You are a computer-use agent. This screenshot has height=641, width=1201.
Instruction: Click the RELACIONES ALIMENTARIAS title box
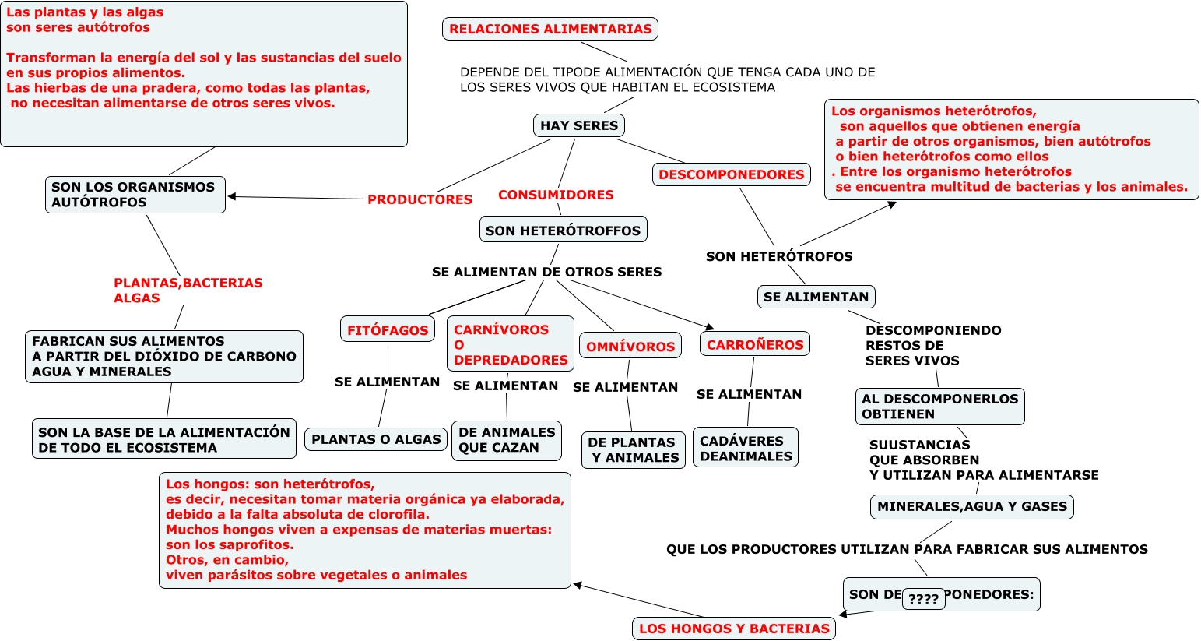click(550, 30)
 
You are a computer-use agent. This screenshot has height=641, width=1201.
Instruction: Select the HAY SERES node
click(579, 125)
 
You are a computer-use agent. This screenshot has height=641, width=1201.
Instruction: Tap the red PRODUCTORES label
click(420, 199)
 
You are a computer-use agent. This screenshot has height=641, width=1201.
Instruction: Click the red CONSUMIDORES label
click(556, 195)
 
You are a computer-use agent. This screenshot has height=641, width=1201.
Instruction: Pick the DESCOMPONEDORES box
click(731, 174)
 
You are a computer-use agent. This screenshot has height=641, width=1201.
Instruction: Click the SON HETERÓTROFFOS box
click(563, 230)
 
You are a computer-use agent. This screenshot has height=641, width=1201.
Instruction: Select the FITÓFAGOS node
click(388, 329)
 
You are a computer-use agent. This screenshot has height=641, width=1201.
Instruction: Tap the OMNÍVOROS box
click(630, 346)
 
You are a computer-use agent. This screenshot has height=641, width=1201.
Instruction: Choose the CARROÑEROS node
click(755, 344)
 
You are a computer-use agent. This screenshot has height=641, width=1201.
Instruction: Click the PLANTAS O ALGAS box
click(376, 439)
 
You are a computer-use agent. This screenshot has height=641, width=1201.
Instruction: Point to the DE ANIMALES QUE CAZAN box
click(507, 440)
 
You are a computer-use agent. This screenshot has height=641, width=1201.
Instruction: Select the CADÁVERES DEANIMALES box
click(746, 448)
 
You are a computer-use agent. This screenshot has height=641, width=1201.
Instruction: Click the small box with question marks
click(924, 599)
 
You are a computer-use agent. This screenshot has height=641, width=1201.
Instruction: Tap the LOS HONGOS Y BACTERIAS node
click(734, 629)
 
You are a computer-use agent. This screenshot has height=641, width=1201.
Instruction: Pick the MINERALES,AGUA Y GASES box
click(972, 506)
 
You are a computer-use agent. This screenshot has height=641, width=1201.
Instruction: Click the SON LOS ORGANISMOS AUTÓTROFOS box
click(135, 195)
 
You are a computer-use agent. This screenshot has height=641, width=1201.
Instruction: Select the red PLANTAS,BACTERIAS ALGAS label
click(188, 291)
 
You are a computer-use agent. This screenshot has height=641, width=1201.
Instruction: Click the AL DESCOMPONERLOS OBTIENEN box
click(939, 407)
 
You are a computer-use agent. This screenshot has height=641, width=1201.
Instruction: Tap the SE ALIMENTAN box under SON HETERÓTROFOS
click(816, 297)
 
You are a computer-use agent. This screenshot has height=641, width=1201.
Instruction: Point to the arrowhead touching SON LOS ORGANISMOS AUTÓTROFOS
click(232, 196)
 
